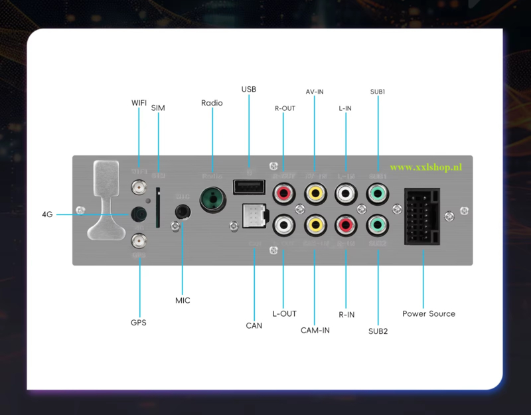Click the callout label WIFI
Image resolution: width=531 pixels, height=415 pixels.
[x=139, y=103]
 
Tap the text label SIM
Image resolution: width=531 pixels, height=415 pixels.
[x=158, y=108]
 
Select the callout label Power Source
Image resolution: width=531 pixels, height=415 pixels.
[x=429, y=313]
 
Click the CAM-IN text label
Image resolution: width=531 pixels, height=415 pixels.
[x=315, y=330]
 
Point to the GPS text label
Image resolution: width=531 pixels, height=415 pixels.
[x=138, y=323]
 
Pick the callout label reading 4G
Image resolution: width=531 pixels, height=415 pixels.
[x=47, y=214]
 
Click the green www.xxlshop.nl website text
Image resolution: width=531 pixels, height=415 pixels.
[x=425, y=168]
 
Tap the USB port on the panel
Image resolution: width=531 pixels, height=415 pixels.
[x=246, y=188]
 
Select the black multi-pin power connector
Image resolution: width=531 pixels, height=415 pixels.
[x=421, y=217]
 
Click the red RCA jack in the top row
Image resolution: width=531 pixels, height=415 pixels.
[x=283, y=194]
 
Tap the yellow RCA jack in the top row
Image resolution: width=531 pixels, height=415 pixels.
[x=315, y=194]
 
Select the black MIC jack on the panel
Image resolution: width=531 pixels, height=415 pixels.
[x=183, y=212]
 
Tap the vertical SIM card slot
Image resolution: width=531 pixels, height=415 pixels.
[x=157, y=207]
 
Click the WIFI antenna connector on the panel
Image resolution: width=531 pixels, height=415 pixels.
[x=139, y=190]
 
